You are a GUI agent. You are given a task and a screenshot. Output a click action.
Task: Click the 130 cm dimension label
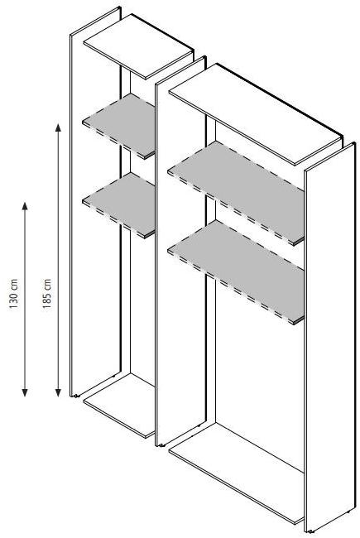(13, 294)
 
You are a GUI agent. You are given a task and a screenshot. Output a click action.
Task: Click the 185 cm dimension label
(47, 294)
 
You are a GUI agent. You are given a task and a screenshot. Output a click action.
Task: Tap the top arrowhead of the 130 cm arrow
(24, 206)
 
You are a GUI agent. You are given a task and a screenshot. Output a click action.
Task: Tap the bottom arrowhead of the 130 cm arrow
(24, 393)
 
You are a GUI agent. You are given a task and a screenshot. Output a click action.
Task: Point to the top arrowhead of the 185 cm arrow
(58, 127)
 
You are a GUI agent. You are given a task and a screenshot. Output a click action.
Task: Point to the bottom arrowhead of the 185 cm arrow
(58, 393)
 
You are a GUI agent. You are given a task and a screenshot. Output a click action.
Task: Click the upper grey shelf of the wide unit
(237, 192)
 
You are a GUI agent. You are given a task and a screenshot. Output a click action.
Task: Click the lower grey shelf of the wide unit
(237, 271)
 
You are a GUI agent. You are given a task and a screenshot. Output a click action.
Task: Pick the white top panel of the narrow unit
(139, 46)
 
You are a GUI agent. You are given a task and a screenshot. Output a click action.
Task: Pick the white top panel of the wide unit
(256, 113)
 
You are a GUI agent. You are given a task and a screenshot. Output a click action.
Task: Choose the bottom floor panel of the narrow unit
(120, 405)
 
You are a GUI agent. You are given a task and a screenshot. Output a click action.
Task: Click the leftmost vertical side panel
(95, 203)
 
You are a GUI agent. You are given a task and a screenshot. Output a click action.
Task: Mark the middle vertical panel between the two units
(181, 251)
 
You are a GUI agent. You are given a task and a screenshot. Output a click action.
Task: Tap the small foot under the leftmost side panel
(74, 396)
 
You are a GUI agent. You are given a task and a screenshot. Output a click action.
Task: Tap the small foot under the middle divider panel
(161, 445)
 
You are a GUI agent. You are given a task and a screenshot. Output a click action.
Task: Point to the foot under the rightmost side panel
(310, 532)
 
